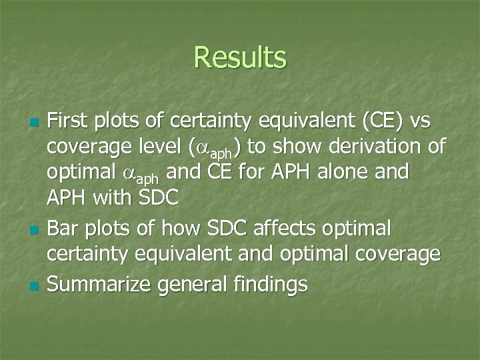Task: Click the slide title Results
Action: tap(240, 57)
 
